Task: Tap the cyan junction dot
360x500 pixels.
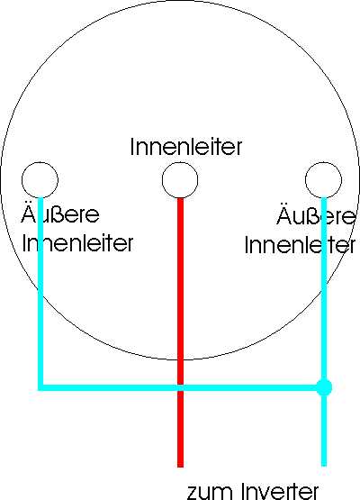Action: click(x=324, y=387)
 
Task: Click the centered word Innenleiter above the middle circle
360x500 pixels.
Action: click(x=186, y=147)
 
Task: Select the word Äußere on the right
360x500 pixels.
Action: click(x=316, y=215)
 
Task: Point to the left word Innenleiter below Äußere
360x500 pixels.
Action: click(x=77, y=243)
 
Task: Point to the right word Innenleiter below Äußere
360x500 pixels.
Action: click(x=300, y=245)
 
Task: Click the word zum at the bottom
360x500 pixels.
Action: click(x=210, y=493)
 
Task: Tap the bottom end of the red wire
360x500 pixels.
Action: click(x=180, y=467)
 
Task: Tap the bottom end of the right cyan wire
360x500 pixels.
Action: click(x=324, y=466)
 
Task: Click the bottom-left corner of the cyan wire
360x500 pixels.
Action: click(x=40, y=387)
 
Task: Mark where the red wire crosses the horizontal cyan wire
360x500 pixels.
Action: click(x=180, y=387)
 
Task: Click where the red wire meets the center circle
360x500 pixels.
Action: click(x=180, y=198)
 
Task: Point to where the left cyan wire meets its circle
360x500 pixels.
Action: click(x=40, y=198)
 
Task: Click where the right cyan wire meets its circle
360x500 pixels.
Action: click(x=324, y=198)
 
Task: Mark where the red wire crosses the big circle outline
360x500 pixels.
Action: click(x=180, y=360)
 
